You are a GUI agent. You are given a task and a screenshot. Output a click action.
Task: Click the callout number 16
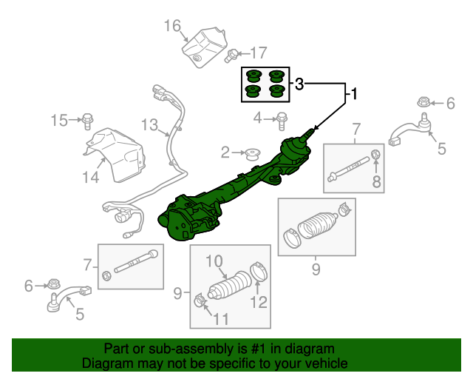(x=172, y=27)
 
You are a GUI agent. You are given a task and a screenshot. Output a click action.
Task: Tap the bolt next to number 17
(x=233, y=53)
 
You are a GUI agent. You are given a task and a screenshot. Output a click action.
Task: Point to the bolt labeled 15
(x=86, y=119)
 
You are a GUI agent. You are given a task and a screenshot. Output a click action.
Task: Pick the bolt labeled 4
(x=282, y=117)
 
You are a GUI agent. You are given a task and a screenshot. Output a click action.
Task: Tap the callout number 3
(x=299, y=85)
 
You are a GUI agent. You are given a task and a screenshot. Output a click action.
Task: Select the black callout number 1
(x=353, y=94)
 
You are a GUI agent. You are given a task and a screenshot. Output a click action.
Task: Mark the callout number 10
(x=214, y=261)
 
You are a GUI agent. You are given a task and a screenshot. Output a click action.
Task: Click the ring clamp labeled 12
(x=258, y=272)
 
